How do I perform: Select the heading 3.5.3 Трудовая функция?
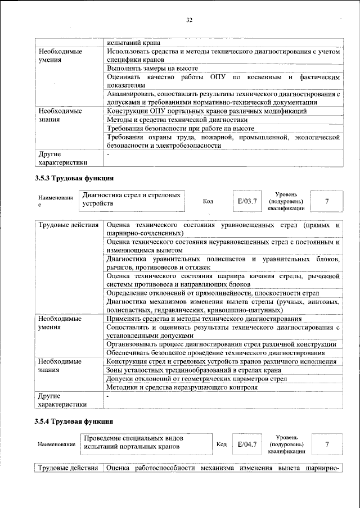[74, 179]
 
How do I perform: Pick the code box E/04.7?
[247, 444]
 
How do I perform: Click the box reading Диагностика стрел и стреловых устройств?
[130, 199]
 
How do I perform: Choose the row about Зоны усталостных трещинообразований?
[193, 370]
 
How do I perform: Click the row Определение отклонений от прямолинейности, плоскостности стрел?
[213, 293]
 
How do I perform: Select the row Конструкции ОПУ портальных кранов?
[206, 111]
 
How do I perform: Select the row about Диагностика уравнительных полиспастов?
[223, 263]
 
